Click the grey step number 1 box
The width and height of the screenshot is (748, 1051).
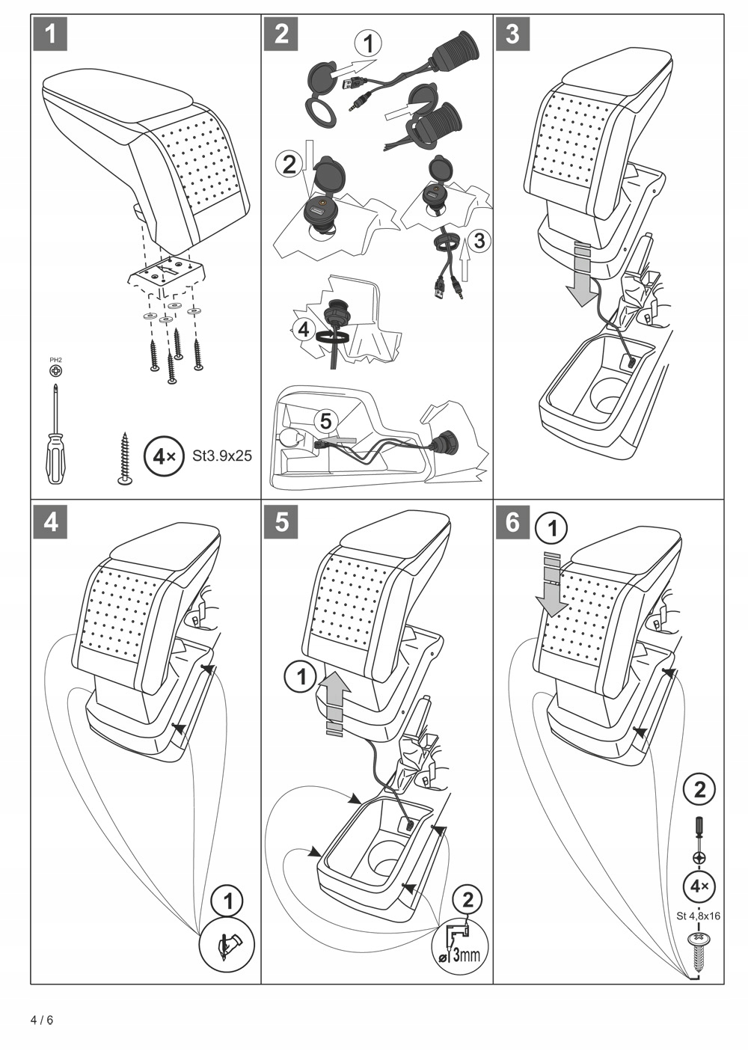tap(50, 34)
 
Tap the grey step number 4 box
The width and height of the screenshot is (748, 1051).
tap(50, 521)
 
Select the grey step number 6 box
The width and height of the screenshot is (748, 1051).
tap(513, 521)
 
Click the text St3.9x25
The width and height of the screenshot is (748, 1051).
tap(222, 456)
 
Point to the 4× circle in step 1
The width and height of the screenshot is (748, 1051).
tap(161, 456)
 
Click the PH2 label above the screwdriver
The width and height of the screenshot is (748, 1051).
tap(56, 360)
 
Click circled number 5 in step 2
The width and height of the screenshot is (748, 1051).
tap(325, 421)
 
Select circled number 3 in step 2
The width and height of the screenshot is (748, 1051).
tap(479, 240)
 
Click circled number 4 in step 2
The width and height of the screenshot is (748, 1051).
tap(304, 330)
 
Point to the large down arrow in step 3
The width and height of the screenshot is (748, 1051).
tap(581, 275)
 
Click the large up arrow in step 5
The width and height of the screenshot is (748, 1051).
tap(334, 709)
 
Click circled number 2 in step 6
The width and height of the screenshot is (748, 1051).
tap(699, 791)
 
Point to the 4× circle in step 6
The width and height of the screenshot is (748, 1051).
tap(699, 886)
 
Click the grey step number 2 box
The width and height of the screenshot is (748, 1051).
tap(281, 34)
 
